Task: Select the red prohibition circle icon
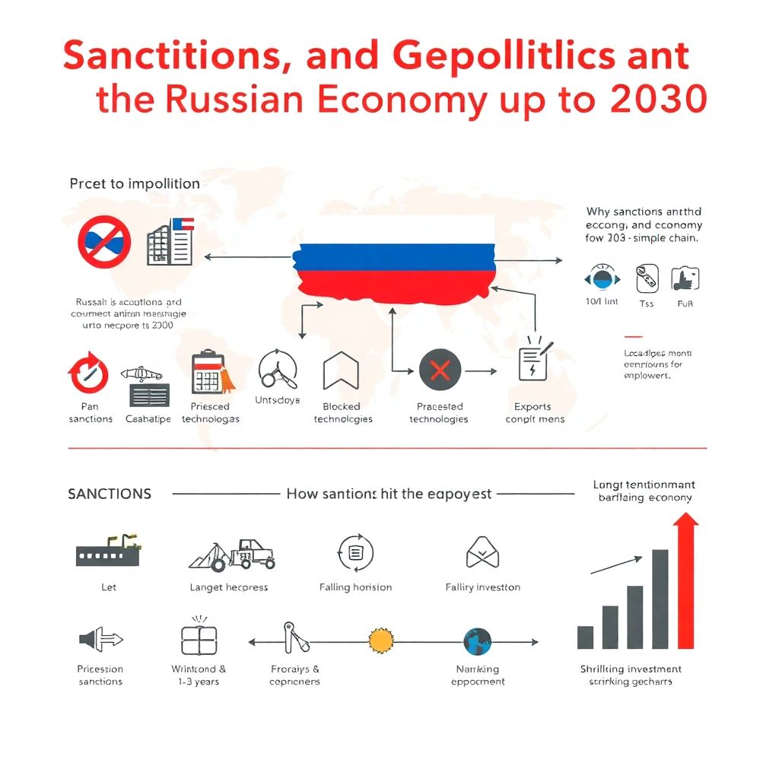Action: tap(104, 241)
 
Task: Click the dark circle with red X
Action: tap(440, 371)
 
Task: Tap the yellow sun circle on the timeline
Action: tap(381, 641)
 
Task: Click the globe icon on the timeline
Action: tap(477, 641)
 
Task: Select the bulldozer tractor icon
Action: tap(233, 554)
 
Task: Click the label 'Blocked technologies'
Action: tap(342, 412)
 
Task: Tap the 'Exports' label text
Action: tap(533, 406)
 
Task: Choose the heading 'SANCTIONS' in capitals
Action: tap(110, 494)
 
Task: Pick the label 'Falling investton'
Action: tap(482, 587)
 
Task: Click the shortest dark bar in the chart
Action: tap(585, 637)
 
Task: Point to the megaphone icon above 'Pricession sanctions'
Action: tap(100, 640)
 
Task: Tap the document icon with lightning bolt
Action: tap(532, 361)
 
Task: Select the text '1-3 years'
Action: tap(199, 682)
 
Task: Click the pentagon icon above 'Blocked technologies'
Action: tap(341, 373)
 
